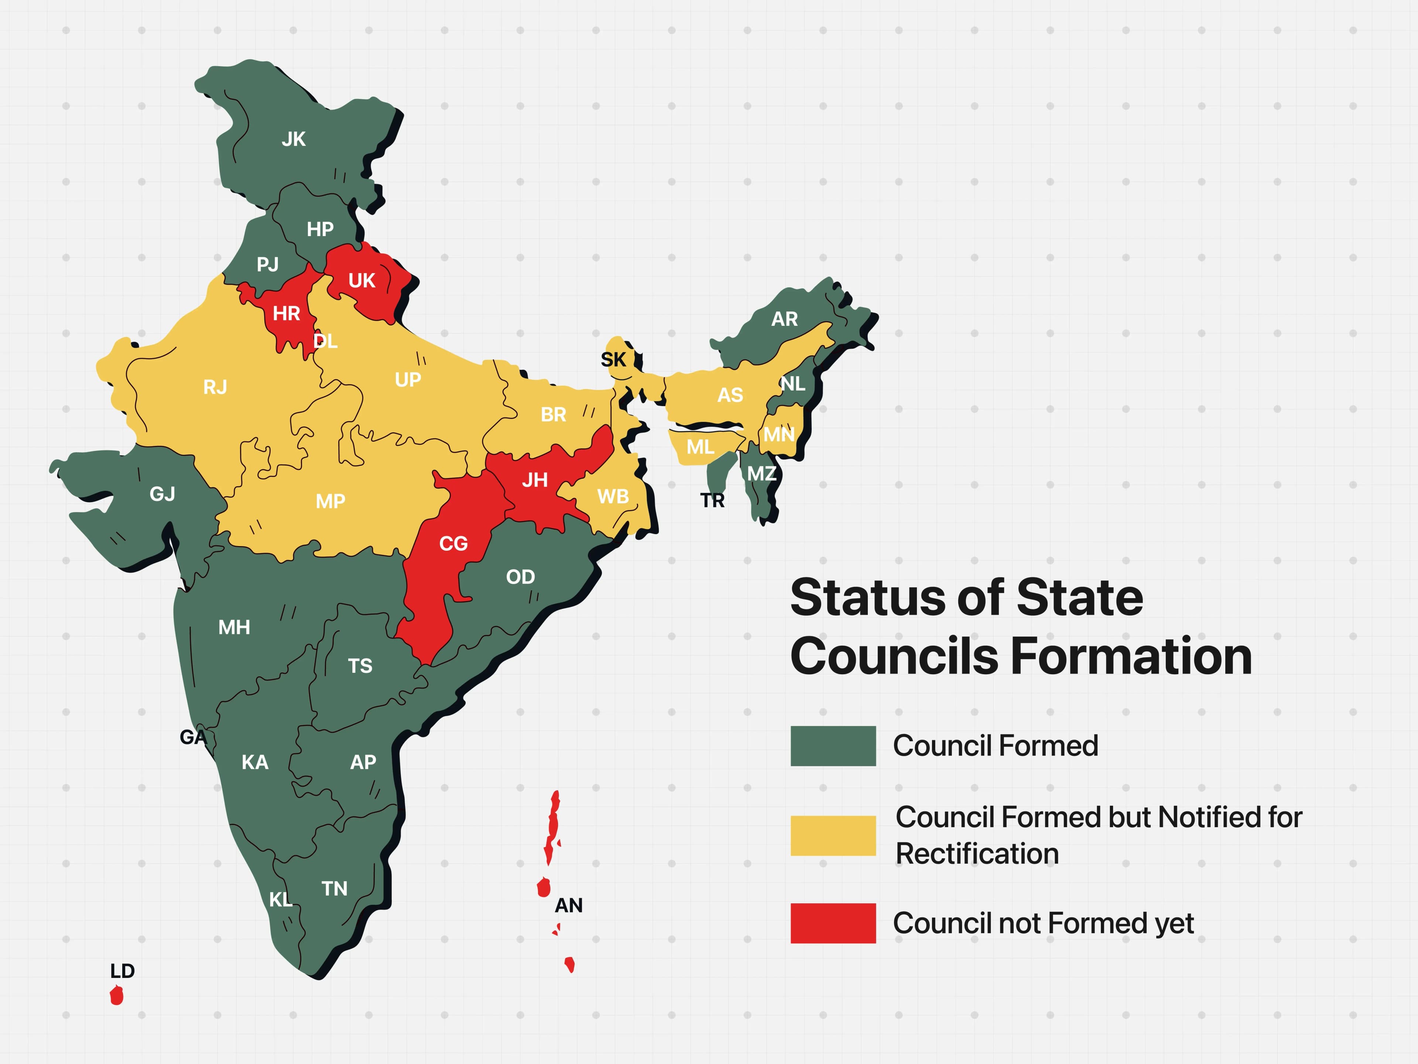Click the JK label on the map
(x=294, y=139)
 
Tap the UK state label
(x=362, y=281)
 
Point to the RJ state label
(x=215, y=388)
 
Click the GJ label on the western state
(x=162, y=494)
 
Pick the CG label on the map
(x=453, y=544)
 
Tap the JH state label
(x=535, y=480)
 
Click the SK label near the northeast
(x=613, y=360)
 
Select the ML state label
(x=700, y=447)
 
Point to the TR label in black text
(x=712, y=500)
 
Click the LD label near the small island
(x=123, y=971)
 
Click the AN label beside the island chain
(x=569, y=906)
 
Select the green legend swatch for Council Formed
(x=833, y=746)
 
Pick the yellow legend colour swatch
(x=833, y=836)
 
